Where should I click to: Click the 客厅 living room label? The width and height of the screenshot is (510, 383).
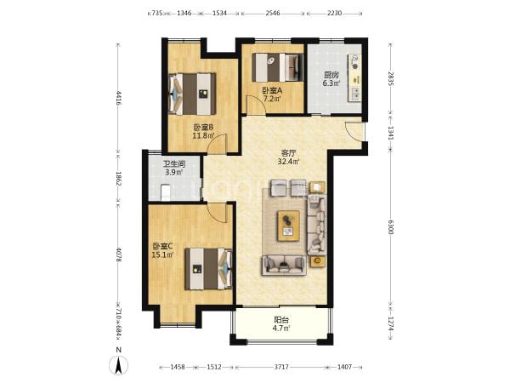(288, 152)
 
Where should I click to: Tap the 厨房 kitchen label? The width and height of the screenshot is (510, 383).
(331, 75)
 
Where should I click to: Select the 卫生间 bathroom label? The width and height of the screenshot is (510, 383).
(174, 164)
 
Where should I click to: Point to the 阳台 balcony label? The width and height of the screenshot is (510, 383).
(281, 320)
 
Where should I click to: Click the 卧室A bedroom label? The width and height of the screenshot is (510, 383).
(272, 90)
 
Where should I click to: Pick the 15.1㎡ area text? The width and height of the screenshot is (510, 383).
(162, 254)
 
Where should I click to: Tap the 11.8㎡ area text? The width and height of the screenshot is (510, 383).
(203, 135)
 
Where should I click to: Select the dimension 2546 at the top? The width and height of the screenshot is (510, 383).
(273, 14)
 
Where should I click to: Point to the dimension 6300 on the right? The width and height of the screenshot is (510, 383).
(391, 226)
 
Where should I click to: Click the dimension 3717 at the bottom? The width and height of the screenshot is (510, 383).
(281, 367)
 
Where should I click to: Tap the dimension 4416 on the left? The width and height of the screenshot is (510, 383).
(118, 98)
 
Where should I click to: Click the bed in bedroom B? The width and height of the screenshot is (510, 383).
(192, 94)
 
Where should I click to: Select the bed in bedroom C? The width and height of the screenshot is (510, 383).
(208, 269)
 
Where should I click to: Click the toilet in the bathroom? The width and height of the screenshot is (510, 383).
(166, 192)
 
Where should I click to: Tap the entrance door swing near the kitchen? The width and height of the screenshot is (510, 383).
(354, 131)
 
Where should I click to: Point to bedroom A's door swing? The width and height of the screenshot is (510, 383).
(256, 105)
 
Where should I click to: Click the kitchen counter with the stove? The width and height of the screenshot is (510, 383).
(354, 77)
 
